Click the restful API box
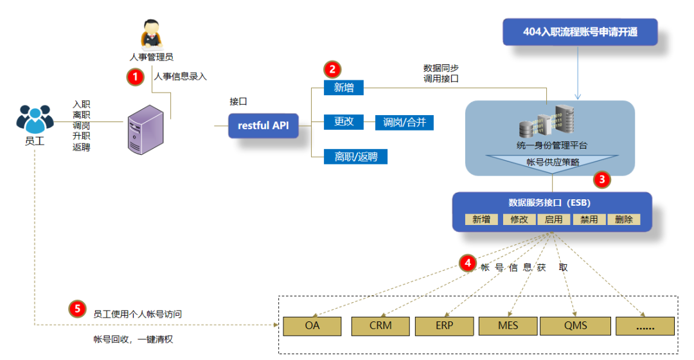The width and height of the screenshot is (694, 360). [x=263, y=125]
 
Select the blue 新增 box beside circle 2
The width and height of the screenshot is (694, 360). [x=344, y=88]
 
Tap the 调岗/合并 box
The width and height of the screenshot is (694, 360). [x=404, y=122]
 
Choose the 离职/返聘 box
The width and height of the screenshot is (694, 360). [x=355, y=156]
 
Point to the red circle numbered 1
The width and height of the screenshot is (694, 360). [x=135, y=76]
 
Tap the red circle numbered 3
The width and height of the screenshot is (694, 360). [x=602, y=179]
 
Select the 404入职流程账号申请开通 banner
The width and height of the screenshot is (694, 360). [x=580, y=32]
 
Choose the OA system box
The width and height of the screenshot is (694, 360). [x=312, y=326]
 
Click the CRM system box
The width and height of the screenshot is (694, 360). [x=380, y=326]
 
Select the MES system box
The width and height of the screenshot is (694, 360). [x=508, y=326]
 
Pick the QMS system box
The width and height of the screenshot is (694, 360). [x=575, y=326]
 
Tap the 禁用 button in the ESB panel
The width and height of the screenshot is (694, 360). [x=589, y=220]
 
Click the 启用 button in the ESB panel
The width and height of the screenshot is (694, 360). [x=553, y=220]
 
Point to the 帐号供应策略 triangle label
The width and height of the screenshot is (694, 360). [x=553, y=162]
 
